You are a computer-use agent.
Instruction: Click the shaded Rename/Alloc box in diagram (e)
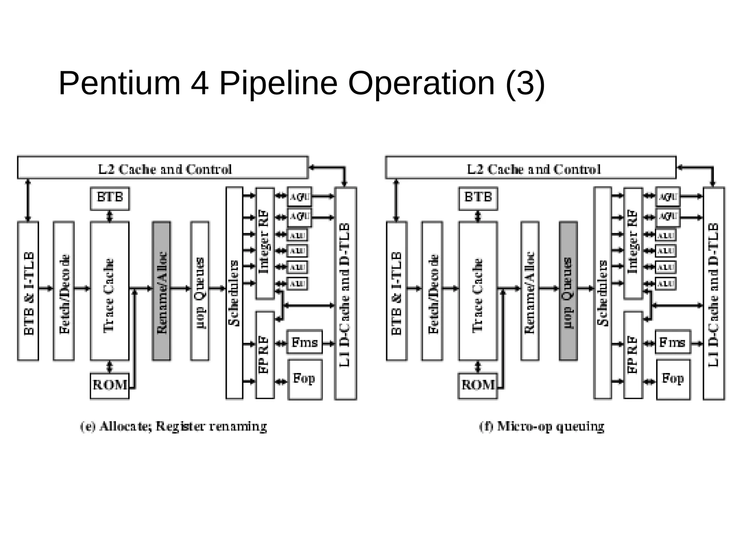(161, 291)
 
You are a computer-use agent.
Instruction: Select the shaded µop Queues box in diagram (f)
(568, 291)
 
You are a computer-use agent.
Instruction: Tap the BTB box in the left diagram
(110, 198)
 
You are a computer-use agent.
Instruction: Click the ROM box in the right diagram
(478, 386)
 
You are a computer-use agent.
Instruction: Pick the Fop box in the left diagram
(305, 379)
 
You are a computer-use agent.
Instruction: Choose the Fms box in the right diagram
(672, 342)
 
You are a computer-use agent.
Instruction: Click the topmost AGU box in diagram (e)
(299, 196)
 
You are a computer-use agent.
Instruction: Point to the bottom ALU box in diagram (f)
(666, 284)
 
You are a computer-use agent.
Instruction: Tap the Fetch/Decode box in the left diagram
(64, 291)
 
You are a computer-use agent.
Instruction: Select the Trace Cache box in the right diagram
(478, 291)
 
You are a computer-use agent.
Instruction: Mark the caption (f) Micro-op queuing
(542, 427)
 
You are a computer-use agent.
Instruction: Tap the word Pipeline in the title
(278, 83)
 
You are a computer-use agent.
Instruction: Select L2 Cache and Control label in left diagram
(165, 169)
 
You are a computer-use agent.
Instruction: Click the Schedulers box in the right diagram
(602, 293)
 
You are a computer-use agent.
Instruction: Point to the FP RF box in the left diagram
(264, 354)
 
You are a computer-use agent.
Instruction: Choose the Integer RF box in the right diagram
(633, 243)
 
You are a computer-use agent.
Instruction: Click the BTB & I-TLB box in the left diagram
(28, 291)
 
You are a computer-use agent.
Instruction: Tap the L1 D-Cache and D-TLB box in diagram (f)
(713, 293)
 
